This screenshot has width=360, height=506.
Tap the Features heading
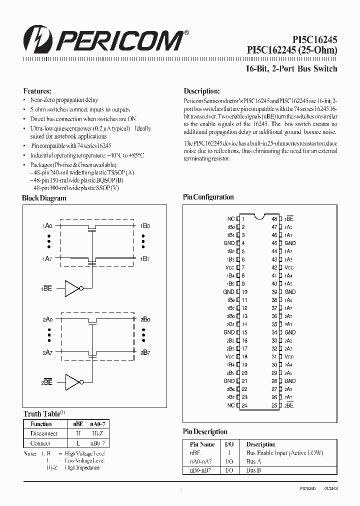click(37, 91)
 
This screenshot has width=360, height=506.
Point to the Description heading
click(201, 91)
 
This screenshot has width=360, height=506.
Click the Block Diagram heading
click(44, 198)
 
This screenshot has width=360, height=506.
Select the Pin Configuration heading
click(208, 197)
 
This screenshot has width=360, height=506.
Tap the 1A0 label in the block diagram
click(47, 226)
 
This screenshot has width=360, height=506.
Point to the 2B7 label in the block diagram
click(145, 352)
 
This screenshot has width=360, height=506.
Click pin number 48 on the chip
click(274, 219)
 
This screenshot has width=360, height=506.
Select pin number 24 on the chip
click(244, 405)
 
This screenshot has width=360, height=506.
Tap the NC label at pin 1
click(230, 219)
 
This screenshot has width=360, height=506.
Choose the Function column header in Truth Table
click(41, 424)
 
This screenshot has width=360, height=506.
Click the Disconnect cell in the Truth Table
click(44, 433)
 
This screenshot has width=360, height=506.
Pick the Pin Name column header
click(202, 444)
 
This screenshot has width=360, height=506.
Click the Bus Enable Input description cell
click(284, 453)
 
